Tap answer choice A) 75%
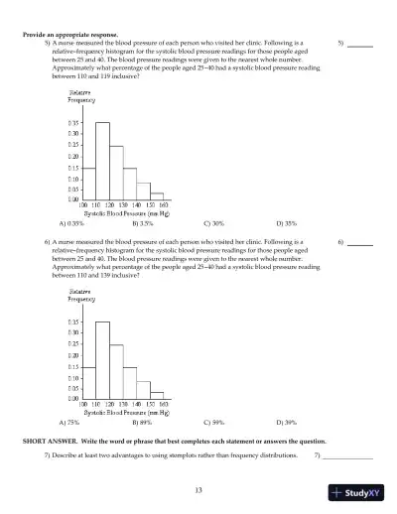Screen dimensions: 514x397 [69, 422]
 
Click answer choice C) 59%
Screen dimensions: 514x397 [212, 422]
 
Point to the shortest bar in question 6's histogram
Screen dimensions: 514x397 [157, 394]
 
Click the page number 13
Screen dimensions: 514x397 [198, 489]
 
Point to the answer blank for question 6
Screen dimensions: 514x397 [359, 271]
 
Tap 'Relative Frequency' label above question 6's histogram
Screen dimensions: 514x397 [81, 295]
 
